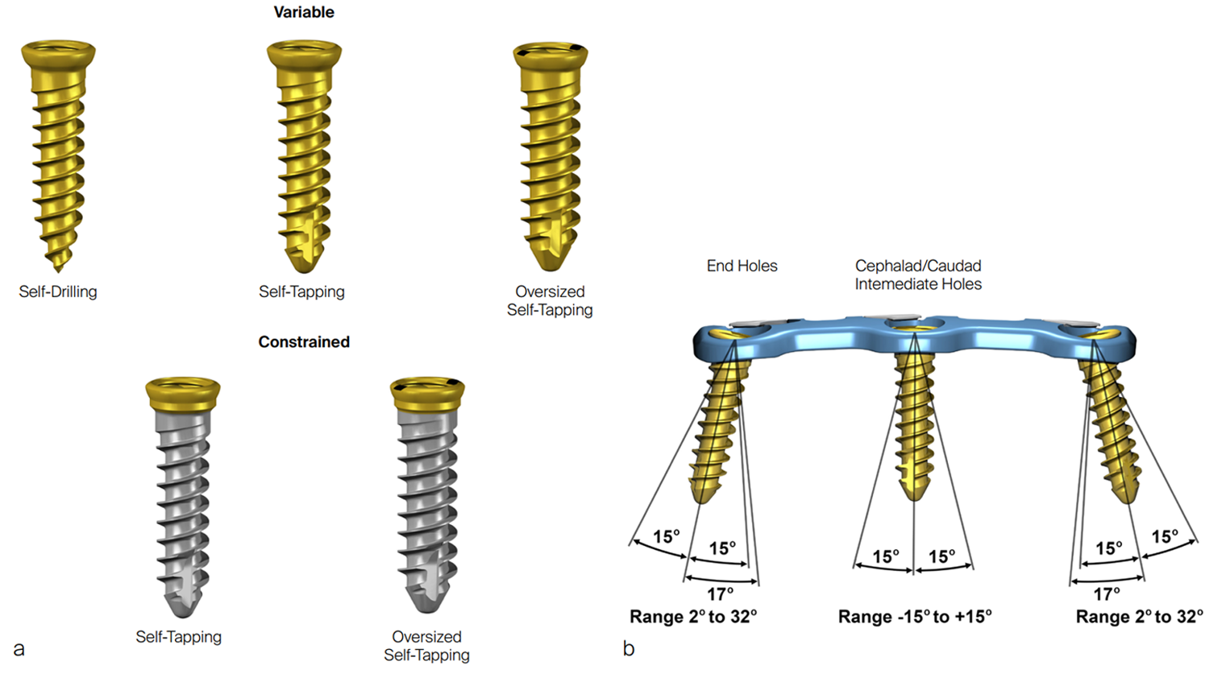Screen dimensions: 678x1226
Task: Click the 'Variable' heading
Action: pyautogui.click(x=303, y=12)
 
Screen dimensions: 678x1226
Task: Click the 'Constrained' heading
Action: pyautogui.click(x=304, y=341)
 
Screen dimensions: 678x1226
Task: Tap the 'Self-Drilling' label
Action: pyautogui.click(x=58, y=291)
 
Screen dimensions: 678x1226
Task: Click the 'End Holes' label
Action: pyautogui.click(x=742, y=266)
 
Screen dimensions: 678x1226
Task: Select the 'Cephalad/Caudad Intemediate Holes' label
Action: pyautogui.click(x=918, y=275)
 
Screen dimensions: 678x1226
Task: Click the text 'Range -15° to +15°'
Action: pyautogui.click(x=915, y=617)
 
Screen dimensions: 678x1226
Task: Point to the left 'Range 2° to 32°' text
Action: pyautogui.click(x=693, y=617)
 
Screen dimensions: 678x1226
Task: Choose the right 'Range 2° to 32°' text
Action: pyautogui.click(x=1139, y=617)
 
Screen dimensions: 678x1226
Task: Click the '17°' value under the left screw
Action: pyautogui.click(x=720, y=594)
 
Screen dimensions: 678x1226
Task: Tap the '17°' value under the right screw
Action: pyautogui.click(x=1106, y=594)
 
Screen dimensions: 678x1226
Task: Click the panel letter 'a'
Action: pyautogui.click(x=19, y=649)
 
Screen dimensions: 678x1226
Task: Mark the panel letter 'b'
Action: pyautogui.click(x=629, y=649)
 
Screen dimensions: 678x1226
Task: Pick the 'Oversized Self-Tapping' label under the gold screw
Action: pyautogui.click(x=550, y=300)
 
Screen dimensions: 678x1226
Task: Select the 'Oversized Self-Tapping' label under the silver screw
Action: pyautogui.click(x=426, y=646)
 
